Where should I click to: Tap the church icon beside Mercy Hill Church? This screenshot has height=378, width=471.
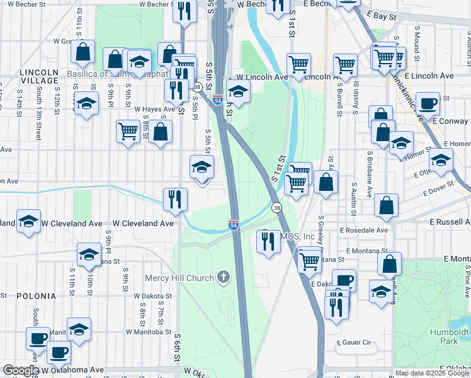pyautogui.click(x=223, y=277)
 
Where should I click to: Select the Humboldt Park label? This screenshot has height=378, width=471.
pyautogui.click(x=450, y=336)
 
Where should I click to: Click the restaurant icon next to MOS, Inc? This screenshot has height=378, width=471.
pyautogui.click(x=269, y=241)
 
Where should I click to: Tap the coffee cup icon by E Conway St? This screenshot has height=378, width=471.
pyautogui.click(x=428, y=104)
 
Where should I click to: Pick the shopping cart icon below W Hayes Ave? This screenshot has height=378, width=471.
pyautogui.click(x=128, y=132)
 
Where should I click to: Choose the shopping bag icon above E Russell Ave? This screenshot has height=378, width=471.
pyautogui.click(x=386, y=205)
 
